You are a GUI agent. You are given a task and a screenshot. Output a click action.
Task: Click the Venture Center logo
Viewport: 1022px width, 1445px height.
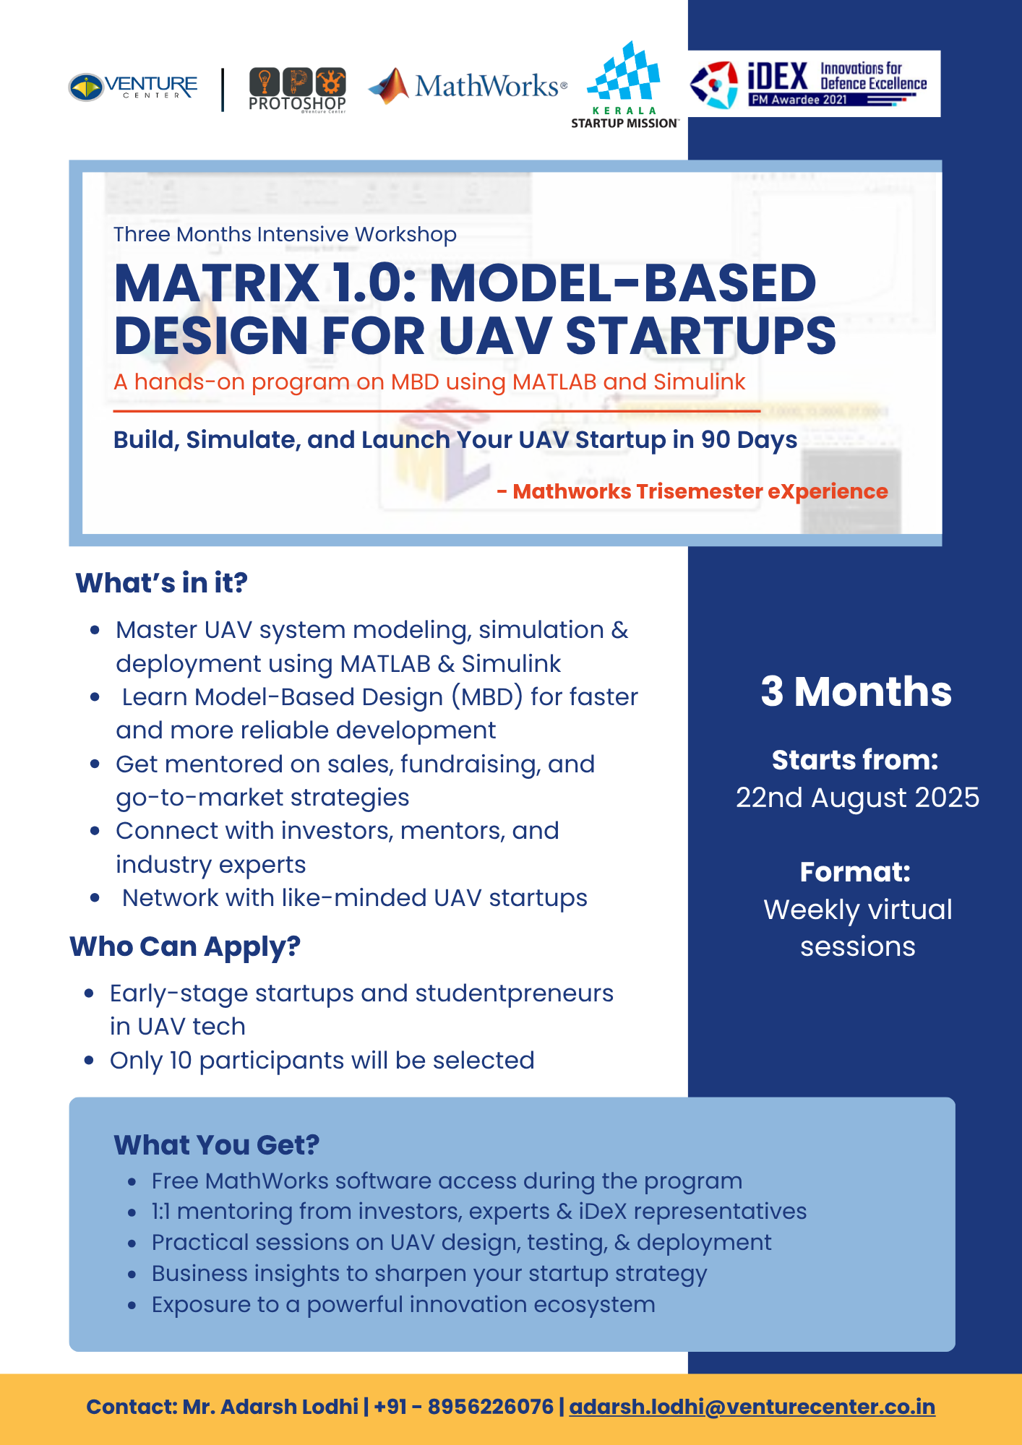point(133,87)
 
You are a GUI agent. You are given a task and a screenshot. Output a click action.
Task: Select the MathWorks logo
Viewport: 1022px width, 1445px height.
point(468,86)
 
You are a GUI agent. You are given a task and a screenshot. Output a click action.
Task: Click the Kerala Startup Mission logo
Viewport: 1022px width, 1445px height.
point(624,85)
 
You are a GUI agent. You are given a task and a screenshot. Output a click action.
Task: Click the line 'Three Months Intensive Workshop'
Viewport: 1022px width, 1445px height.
point(285,234)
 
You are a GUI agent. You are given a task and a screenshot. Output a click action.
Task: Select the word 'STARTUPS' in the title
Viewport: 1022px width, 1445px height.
point(700,336)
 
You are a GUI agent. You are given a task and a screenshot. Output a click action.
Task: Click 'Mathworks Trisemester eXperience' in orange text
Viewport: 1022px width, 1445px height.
point(700,491)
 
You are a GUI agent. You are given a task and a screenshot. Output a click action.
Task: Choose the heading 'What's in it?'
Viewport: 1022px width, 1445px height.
point(161,582)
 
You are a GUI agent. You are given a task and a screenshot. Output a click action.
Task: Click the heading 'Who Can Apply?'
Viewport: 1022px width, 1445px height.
point(185,946)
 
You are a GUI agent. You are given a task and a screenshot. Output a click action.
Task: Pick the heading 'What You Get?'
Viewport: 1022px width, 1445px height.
point(217,1144)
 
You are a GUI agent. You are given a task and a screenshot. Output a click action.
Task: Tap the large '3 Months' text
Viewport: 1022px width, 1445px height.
point(856,691)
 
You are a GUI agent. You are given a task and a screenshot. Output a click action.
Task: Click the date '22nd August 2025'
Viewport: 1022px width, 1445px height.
point(858,798)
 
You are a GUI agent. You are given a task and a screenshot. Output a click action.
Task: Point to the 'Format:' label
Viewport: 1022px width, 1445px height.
point(855,872)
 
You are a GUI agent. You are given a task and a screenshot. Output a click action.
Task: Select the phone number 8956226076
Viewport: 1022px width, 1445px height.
point(491,1407)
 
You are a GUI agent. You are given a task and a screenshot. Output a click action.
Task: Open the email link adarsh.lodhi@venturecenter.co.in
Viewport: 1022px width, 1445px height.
point(752,1407)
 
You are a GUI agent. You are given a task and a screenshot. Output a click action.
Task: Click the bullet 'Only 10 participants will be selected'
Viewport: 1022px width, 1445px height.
point(322,1060)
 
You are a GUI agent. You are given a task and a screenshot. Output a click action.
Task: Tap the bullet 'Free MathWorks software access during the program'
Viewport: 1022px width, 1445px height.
point(447,1181)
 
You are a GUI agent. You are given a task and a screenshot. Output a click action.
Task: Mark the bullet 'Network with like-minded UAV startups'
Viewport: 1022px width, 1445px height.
point(355,897)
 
